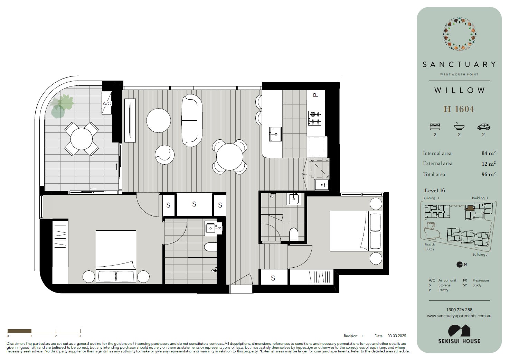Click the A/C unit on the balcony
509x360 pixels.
click(x=106, y=103)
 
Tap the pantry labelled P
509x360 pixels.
click(x=316, y=95)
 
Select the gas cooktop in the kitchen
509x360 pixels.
click(x=314, y=118)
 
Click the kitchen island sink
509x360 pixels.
click(x=275, y=134)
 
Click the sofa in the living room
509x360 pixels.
click(x=192, y=121)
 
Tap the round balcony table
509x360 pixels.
click(x=82, y=139)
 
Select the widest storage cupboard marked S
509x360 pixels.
click(x=194, y=204)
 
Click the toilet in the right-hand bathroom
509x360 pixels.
click(x=294, y=234)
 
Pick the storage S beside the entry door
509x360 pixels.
click(x=273, y=277)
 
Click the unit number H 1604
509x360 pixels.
click(x=459, y=109)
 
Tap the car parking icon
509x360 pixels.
click(x=483, y=127)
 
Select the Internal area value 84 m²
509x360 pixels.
click(x=488, y=153)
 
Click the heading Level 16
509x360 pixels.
click(x=435, y=191)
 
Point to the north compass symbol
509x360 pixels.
click(x=460, y=265)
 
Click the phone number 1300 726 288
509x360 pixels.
click(x=459, y=310)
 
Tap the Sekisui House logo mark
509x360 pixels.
click(x=459, y=331)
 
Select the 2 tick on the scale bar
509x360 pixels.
click(x=56, y=331)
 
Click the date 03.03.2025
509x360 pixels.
click(x=397, y=336)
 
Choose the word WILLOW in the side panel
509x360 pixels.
click(x=459, y=90)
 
